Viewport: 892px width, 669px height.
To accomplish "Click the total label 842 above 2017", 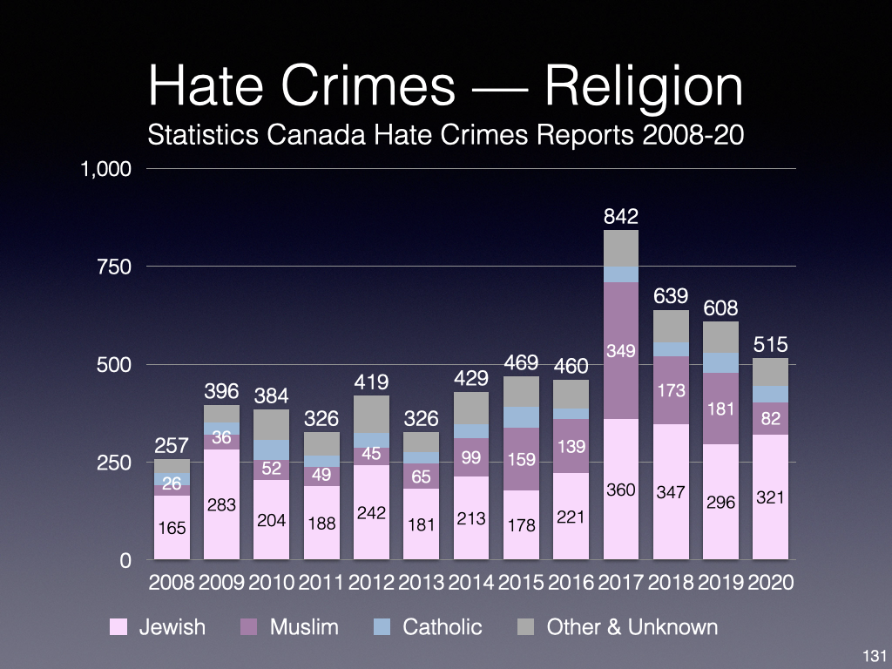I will tap(621, 216).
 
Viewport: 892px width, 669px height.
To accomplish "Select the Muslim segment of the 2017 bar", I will tap(621, 383).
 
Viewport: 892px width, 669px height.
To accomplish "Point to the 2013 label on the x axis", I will tap(421, 583).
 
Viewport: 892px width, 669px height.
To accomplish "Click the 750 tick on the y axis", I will tap(113, 267).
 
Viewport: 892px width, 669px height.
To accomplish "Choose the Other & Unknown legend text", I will tap(632, 627).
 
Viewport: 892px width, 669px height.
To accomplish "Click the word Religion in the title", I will tap(619, 87).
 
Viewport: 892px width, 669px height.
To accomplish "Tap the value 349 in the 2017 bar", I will tap(621, 351).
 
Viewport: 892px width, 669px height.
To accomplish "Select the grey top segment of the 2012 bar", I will tap(371, 414).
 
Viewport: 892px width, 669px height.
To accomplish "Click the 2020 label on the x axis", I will tap(770, 583).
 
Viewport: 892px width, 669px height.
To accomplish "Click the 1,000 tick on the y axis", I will tap(106, 169).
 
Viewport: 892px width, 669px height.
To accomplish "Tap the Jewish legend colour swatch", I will tap(119, 627).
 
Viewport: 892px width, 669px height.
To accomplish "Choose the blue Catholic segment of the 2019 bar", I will tap(720, 362).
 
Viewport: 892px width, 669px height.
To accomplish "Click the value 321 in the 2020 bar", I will tap(770, 498).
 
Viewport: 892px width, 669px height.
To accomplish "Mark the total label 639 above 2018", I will tap(671, 296).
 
